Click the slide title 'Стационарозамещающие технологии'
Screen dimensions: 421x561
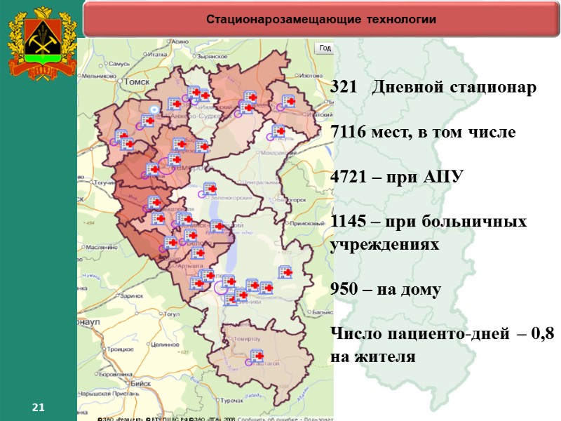(320, 19)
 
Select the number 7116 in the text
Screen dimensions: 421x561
(349, 133)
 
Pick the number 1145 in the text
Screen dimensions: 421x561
(349, 222)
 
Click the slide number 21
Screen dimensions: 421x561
(39, 408)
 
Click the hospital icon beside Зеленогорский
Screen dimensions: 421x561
(210, 188)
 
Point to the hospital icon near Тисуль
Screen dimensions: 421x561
(279, 131)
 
